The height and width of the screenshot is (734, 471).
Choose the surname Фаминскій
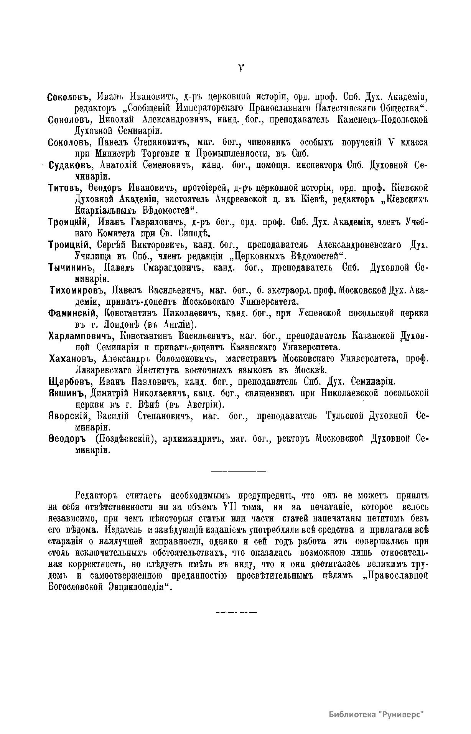tap(71, 313)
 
